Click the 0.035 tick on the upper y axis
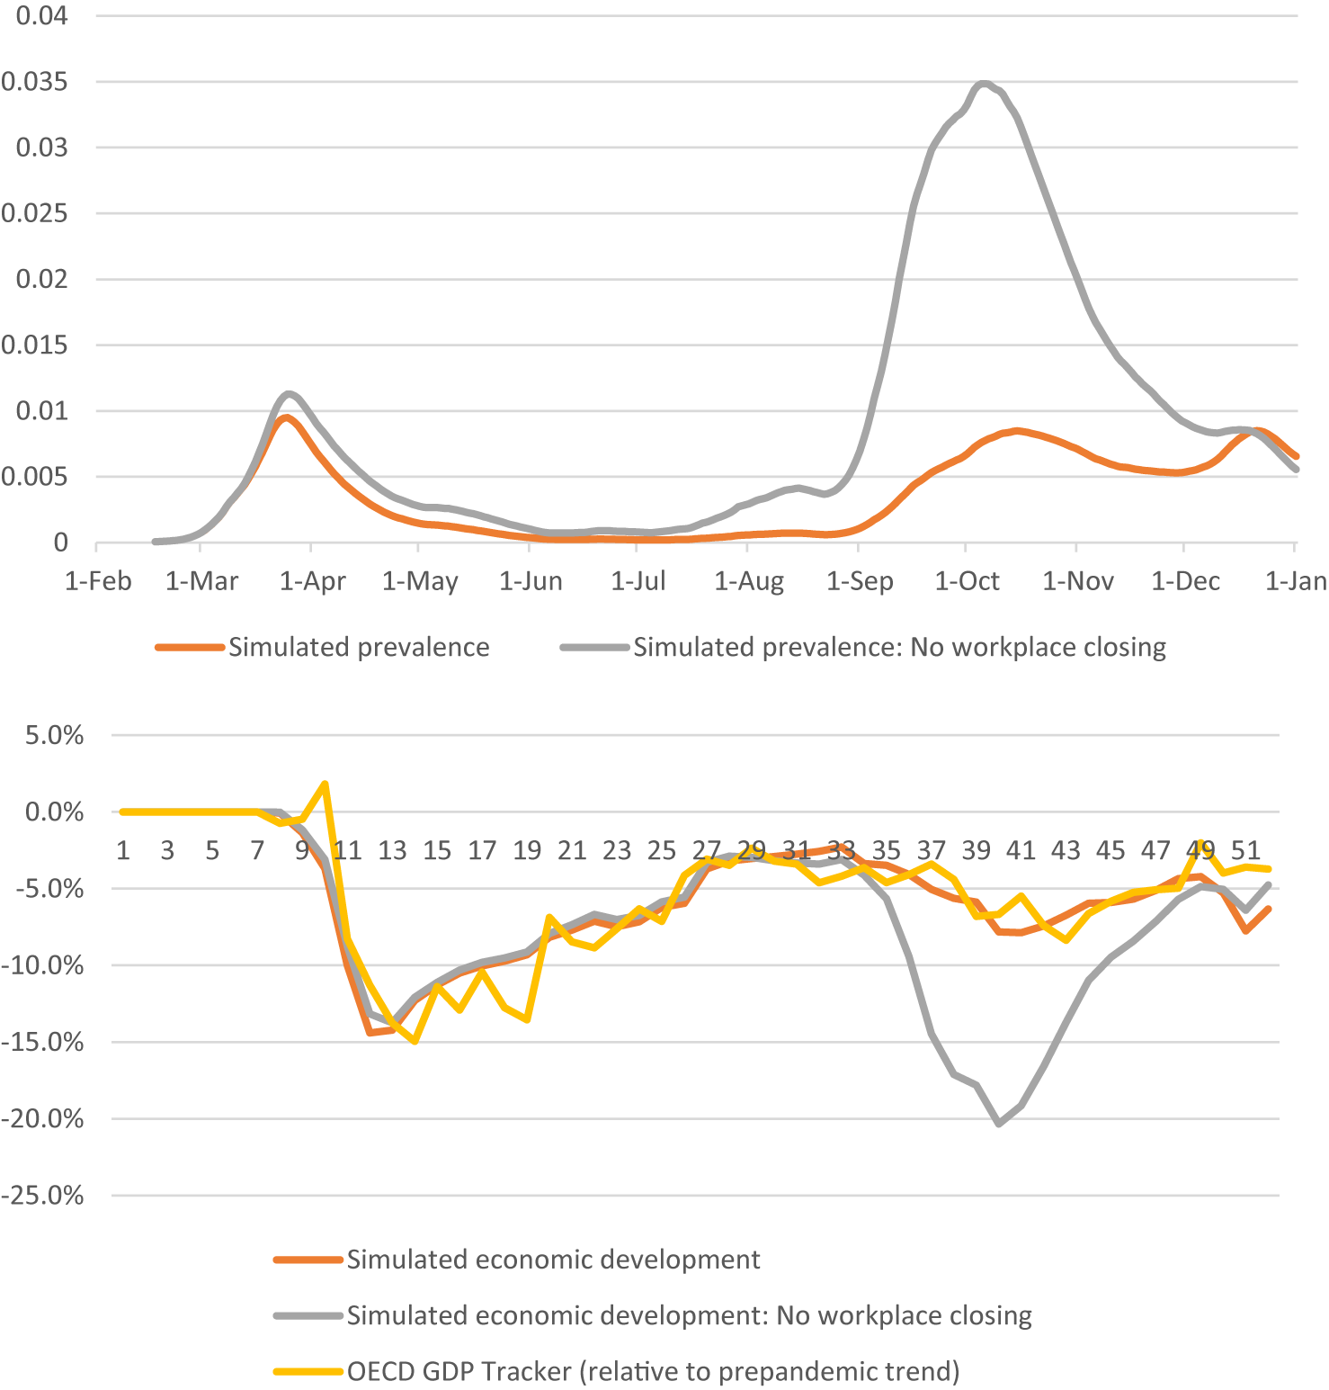(x=34, y=82)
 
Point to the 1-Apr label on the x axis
(x=312, y=581)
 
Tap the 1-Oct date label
(x=967, y=581)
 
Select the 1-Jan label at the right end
(x=1295, y=581)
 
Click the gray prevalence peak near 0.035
(x=985, y=84)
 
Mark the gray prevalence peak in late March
(x=289, y=393)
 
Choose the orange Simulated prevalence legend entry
(x=358, y=647)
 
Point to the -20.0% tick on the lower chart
(x=42, y=1119)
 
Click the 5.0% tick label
(x=54, y=735)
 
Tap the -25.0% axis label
(x=42, y=1196)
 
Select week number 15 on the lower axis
(x=437, y=850)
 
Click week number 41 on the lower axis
(x=1021, y=850)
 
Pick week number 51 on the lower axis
(x=1245, y=850)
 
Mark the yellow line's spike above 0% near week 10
(x=325, y=784)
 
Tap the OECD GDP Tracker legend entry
(x=653, y=1371)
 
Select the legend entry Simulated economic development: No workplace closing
(x=689, y=1315)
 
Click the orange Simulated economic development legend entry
(x=553, y=1260)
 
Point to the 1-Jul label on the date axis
(x=638, y=581)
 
